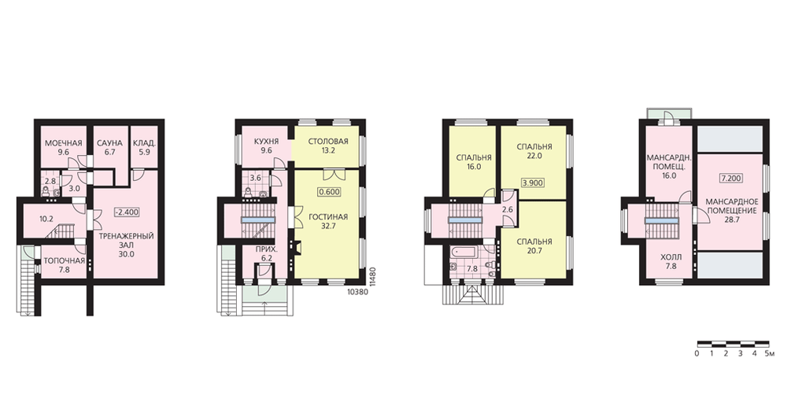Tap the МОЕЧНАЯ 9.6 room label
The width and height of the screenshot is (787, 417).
63,148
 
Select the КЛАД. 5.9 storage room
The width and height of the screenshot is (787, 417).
145,148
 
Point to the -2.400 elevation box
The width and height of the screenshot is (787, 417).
126,212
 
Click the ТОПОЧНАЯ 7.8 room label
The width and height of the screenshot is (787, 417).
64,265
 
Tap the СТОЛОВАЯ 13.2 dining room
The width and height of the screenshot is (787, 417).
327,146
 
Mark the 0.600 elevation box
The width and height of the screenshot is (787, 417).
329,192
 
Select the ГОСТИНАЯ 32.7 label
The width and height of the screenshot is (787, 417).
328,221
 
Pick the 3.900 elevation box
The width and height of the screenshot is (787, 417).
533,183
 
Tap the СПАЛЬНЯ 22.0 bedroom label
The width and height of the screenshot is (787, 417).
534,151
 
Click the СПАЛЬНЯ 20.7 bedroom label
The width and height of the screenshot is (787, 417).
534,246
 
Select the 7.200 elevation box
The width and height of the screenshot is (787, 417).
731,178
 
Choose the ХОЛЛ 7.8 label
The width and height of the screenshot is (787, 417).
671,262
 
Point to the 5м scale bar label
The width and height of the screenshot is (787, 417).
770,353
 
